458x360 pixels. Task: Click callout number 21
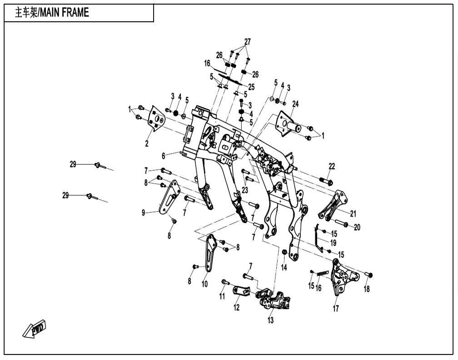point(353,213)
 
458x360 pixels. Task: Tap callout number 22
point(332,166)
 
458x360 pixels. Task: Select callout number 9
point(143,212)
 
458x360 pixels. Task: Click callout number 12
point(237,308)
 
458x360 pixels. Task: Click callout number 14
point(284,268)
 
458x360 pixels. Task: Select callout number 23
point(245,190)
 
